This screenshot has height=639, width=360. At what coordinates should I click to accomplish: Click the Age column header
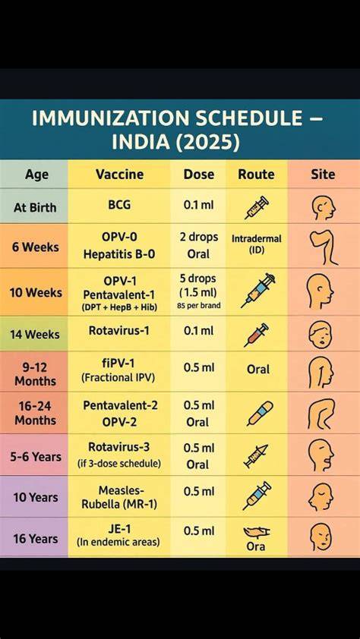pyautogui.click(x=36, y=175)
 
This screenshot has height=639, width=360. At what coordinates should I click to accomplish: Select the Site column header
pyautogui.click(x=323, y=175)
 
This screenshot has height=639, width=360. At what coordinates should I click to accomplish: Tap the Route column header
pyautogui.click(x=256, y=175)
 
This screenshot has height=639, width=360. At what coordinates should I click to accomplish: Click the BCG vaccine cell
pyautogui.click(x=119, y=205)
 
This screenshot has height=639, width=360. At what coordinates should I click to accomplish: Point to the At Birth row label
pyautogui.click(x=35, y=207)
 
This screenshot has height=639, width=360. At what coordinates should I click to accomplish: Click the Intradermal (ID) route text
pyautogui.click(x=257, y=244)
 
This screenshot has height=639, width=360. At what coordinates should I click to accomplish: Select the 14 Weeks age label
pyautogui.click(x=35, y=335)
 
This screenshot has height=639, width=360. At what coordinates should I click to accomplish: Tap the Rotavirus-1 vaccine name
pyautogui.click(x=119, y=330)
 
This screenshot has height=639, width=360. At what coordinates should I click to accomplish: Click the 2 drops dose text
pyautogui.click(x=199, y=237)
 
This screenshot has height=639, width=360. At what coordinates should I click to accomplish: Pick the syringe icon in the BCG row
pyautogui.click(x=257, y=207)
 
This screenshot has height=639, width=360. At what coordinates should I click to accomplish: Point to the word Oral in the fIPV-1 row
pyautogui.click(x=258, y=370)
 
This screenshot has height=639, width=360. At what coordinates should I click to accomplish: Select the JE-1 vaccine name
pyautogui.click(x=118, y=528)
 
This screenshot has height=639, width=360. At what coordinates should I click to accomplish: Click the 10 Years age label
pyautogui.click(x=36, y=497)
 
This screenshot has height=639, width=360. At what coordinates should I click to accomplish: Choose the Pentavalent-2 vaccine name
pyautogui.click(x=120, y=405)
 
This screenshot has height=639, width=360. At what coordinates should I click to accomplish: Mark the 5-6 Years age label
pyautogui.click(x=36, y=456)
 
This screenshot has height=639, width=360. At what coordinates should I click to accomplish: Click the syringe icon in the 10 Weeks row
pyautogui.click(x=258, y=291)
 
